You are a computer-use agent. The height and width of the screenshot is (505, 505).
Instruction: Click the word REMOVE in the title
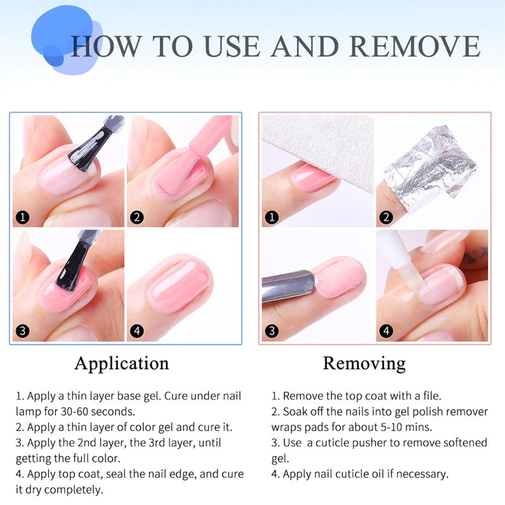pyautogui.click(x=415, y=46)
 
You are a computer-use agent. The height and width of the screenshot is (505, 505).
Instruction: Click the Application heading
pyautogui.click(x=122, y=364)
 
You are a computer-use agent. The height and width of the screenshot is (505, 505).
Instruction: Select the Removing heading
pyautogui.click(x=364, y=364)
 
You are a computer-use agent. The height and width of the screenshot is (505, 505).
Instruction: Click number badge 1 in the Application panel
pyautogui.click(x=23, y=217)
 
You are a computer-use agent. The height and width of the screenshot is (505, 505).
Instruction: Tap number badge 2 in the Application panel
pyautogui.click(x=137, y=217)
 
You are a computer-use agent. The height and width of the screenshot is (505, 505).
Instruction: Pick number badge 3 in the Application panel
pyautogui.click(x=23, y=331)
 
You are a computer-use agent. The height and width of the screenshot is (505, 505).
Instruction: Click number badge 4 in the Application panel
pyautogui.click(x=137, y=331)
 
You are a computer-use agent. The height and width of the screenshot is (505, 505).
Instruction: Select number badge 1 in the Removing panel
pyautogui.click(x=272, y=217)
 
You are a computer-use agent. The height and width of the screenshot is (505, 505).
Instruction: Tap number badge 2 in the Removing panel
pyautogui.click(x=386, y=217)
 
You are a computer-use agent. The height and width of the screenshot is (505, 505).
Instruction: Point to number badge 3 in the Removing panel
pyautogui.click(x=272, y=331)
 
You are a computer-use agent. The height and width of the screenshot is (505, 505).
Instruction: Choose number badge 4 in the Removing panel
pyautogui.click(x=386, y=331)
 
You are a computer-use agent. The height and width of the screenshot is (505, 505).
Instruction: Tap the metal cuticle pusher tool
pyautogui.click(x=287, y=286)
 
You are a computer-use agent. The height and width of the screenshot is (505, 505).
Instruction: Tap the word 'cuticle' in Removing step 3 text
pyautogui.click(x=332, y=443)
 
